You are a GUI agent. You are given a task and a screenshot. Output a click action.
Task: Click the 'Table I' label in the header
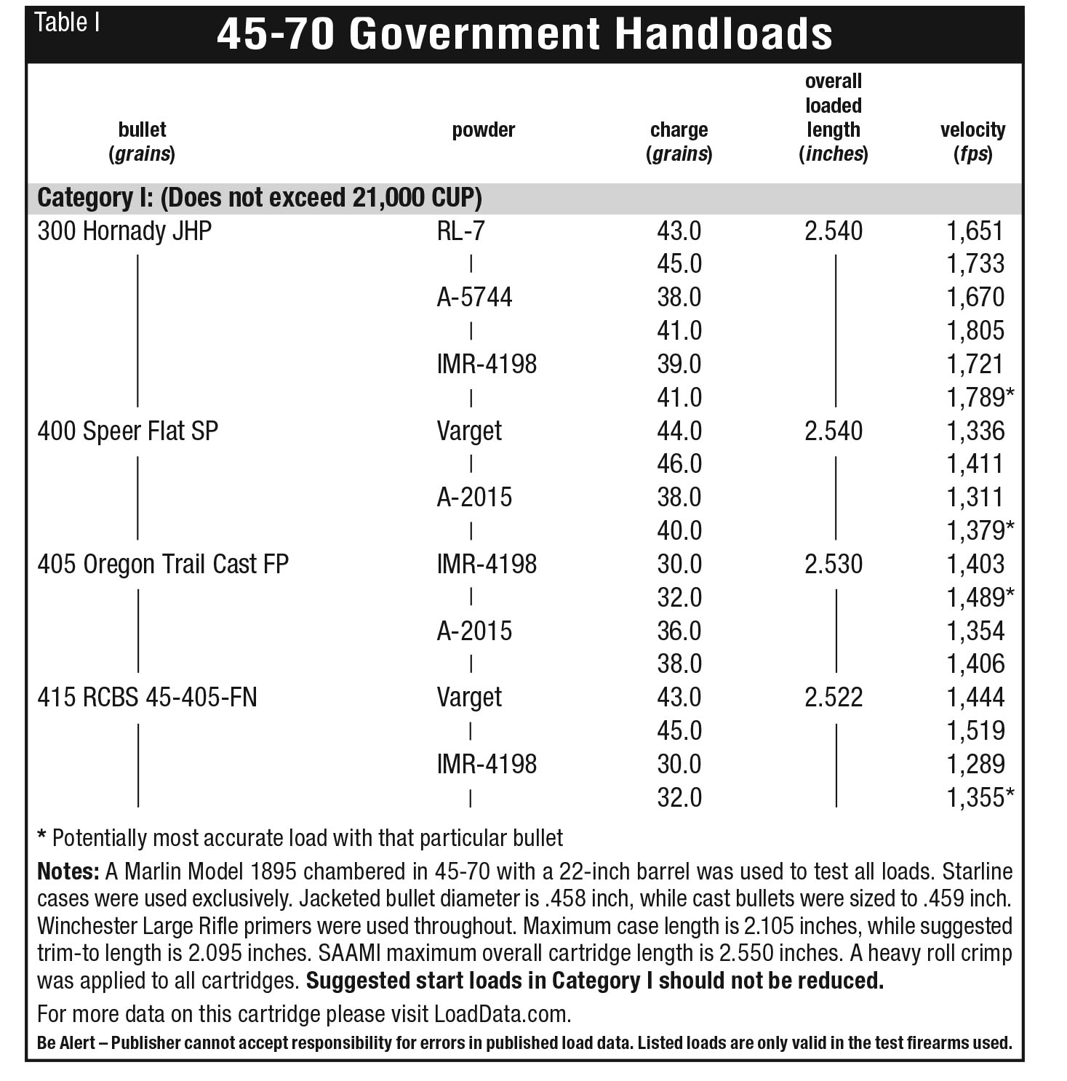coord(67,23)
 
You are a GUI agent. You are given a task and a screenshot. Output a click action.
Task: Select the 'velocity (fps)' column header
coord(972,142)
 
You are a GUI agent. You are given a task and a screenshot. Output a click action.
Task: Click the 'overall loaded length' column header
coord(834,118)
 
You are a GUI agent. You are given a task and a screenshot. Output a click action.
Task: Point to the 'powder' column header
coord(483,130)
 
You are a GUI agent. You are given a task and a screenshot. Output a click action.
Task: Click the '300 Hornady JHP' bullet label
coord(124,231)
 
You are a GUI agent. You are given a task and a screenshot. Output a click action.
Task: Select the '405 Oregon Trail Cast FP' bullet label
coord(163,565)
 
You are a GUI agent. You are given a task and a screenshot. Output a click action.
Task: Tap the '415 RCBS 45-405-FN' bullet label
coord(147,698)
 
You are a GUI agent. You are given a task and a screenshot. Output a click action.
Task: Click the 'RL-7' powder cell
coord(460,231)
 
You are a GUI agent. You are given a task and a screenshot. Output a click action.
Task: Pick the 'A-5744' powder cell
coord(474,298)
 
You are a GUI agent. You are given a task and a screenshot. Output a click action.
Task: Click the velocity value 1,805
coord(975,331)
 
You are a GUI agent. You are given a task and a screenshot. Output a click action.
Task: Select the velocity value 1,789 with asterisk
coord(979,398)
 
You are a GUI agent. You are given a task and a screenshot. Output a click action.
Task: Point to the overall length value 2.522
coord(834,698)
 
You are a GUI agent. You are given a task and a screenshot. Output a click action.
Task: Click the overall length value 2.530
coord(834,565)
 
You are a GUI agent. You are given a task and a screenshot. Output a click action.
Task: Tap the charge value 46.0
coord(679,464)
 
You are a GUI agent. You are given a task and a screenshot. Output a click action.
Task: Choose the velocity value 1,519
coord(975,731)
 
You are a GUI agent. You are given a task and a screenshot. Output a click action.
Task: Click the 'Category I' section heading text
coord(259,198)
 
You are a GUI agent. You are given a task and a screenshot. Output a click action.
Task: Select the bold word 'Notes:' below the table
coord(68,871)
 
